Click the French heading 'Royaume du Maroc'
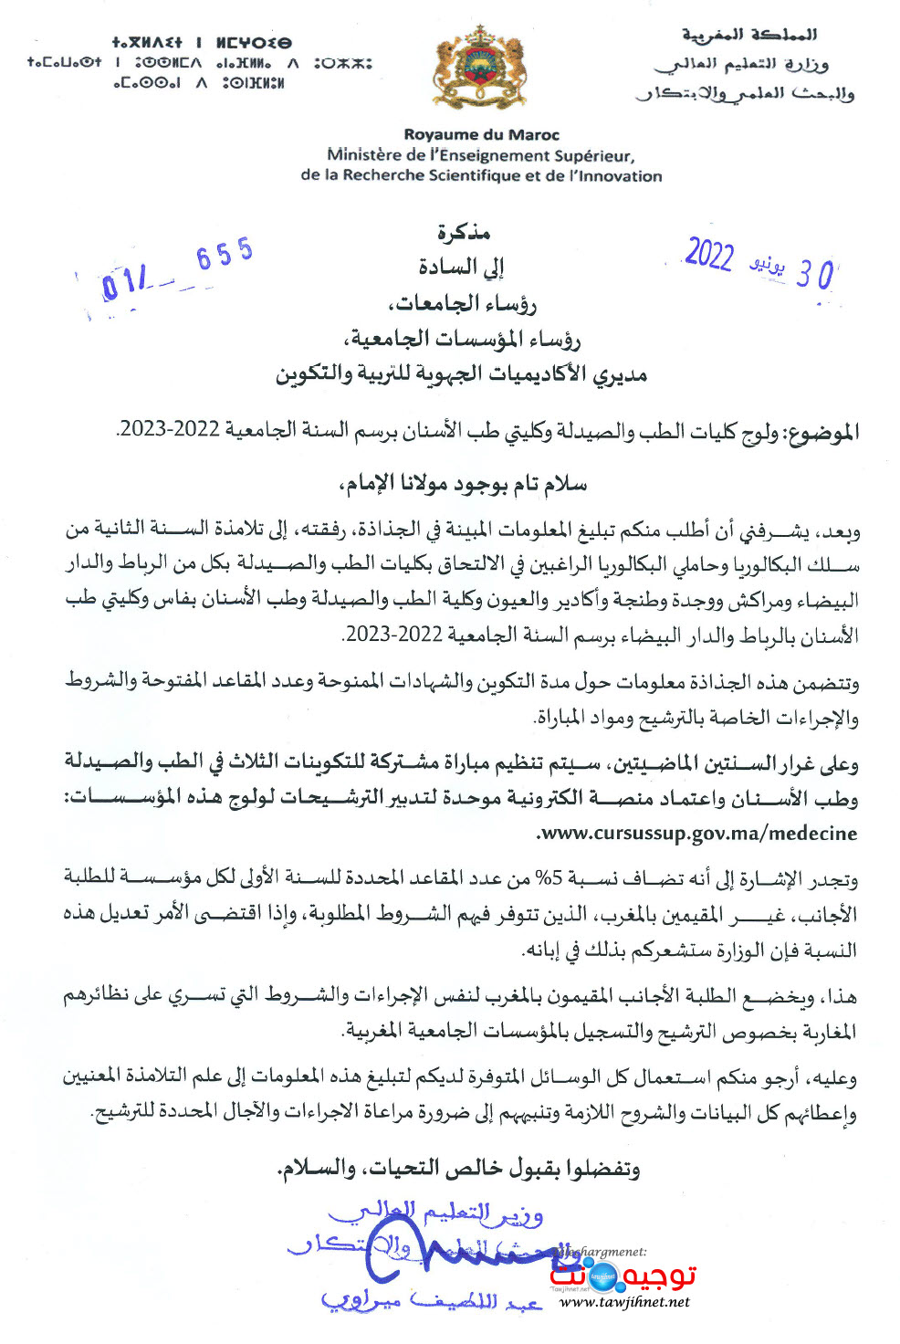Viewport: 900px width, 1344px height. click(x=481, y=134)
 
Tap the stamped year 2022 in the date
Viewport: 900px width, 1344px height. click(x=709, y=256)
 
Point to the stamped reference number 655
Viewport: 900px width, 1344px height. click(x=224, y=254)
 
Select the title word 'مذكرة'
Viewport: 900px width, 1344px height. click(x=464, y=233)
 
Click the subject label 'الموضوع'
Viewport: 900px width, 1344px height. click(x=821, y=432)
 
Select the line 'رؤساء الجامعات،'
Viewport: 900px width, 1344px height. click(x=463, y=303)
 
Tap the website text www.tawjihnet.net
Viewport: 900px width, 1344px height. click(x=624, y=1302)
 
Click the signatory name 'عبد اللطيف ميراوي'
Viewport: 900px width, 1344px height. click(x=429, y=1300)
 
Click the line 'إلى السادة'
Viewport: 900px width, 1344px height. click(x=462, y=268)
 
